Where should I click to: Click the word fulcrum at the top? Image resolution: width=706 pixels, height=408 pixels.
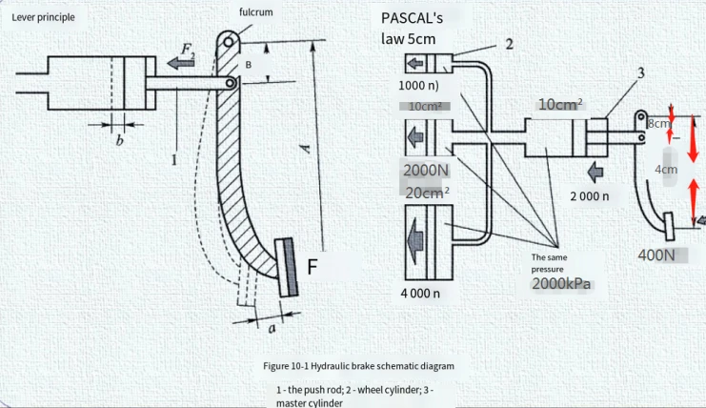255,12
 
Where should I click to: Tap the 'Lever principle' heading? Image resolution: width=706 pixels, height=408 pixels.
43,17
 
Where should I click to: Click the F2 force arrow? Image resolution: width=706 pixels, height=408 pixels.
181,63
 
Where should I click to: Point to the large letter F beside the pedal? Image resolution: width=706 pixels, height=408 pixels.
312,267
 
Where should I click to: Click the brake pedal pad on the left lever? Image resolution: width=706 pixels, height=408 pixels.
287,268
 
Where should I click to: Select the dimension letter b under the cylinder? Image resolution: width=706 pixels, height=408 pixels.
119,140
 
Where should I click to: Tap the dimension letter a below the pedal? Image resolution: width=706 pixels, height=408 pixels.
272,329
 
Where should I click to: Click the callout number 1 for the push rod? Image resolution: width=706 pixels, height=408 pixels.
173,159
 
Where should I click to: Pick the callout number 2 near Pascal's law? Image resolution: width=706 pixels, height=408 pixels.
509,44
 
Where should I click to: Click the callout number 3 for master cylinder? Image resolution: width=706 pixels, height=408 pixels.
640,72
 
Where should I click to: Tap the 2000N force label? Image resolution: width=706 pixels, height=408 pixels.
426,171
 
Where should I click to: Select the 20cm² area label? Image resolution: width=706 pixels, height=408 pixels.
427,193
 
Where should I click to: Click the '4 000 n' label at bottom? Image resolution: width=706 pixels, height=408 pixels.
420,294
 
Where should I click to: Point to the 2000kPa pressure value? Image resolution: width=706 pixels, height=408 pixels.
561,284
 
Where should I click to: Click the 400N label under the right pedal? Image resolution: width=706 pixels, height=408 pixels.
656,255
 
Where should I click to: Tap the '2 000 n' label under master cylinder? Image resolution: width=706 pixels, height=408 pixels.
590,196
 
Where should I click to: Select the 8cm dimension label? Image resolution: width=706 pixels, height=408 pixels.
657,123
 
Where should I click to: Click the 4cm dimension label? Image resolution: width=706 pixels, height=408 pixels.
666,170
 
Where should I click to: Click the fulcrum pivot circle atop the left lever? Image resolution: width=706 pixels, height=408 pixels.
229,42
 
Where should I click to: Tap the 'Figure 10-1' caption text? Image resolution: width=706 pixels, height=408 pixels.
358,366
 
